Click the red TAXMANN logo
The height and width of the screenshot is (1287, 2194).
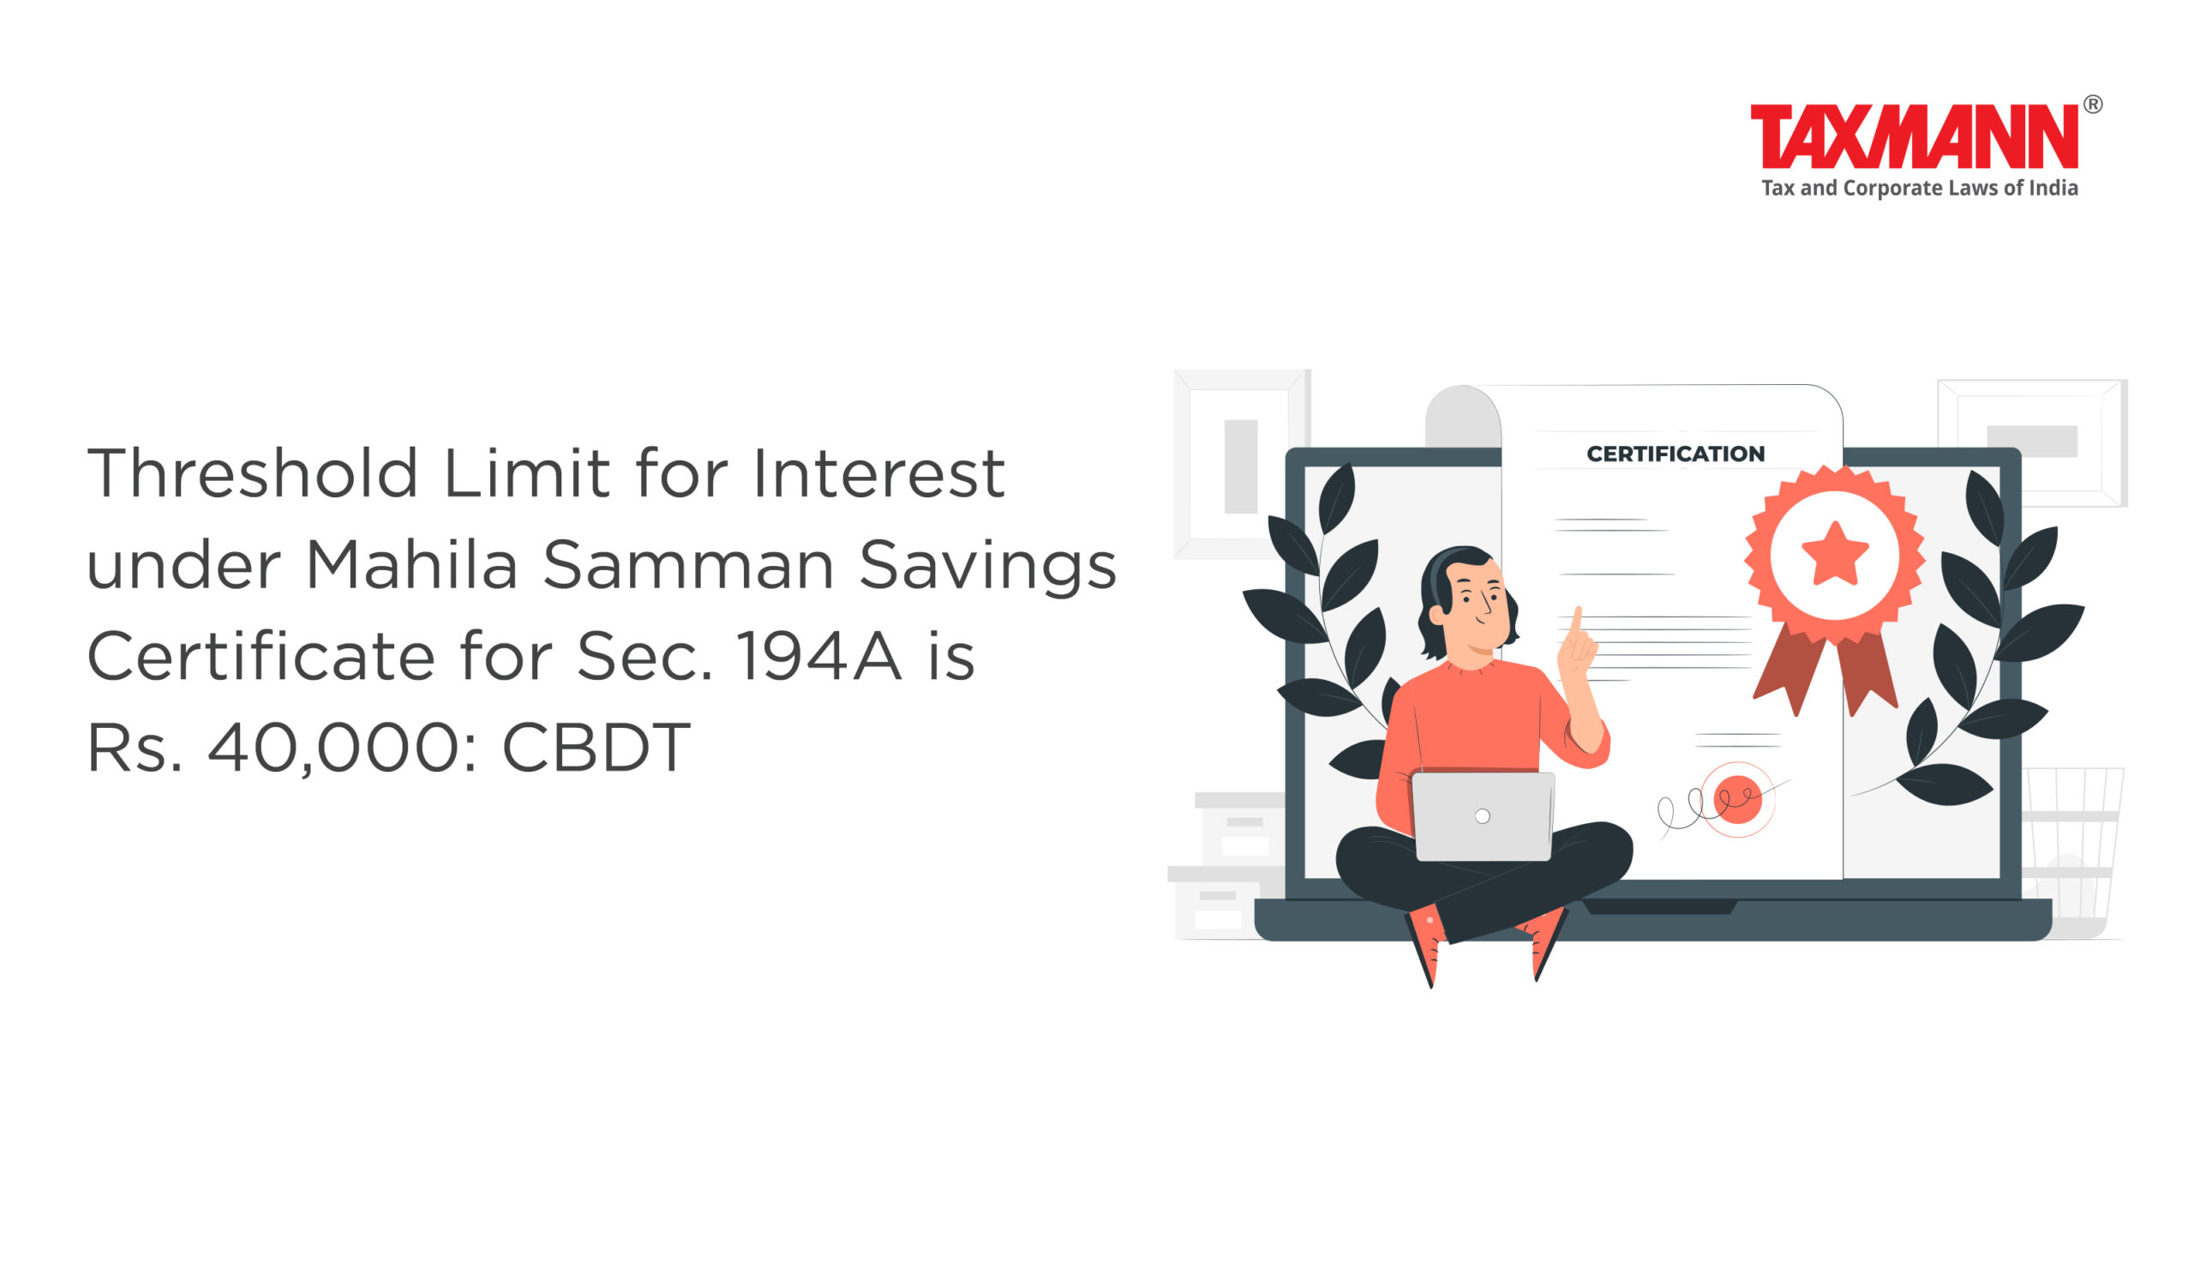click(x=1914, y=135)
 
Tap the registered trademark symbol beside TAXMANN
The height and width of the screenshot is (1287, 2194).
click(x=2093, y=105)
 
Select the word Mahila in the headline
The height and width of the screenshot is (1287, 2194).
click(x=413, y=563)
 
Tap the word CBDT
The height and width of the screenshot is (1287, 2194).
click(x=596, y=747)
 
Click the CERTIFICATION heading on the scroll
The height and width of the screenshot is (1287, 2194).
click(x=1675, y=454)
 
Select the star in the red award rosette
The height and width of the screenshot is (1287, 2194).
click(x=1834, y=554)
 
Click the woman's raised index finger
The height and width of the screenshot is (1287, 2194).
click(x=1577, y=624)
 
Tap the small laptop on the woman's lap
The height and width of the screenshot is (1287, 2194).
click(x=1482, y=816)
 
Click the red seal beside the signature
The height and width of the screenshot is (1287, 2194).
click(x=1738, y=798)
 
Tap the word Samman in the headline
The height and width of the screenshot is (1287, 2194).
click(x=689, y=563)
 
